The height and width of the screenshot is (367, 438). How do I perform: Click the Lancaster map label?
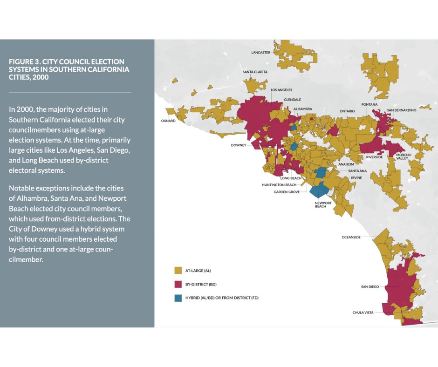(260, 53)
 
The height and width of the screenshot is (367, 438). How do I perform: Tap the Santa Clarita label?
(255, 72)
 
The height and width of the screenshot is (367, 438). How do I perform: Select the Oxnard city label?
(168, 121)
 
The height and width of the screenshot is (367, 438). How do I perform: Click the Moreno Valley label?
(402, 156)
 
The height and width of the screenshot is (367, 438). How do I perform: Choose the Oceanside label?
(351, 237)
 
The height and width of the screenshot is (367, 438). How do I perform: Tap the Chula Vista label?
(364, 313)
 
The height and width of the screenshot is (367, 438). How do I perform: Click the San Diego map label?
(370, 287)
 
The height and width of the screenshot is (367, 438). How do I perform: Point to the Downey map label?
(238, 145)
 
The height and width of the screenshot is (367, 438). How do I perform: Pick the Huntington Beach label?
(279, 185)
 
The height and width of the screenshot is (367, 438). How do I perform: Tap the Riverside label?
(374, 157)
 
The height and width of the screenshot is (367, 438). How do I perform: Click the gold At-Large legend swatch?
(178, 270)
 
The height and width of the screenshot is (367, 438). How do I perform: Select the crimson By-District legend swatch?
(178, 284)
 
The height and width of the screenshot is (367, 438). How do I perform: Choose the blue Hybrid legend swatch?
(178, 298)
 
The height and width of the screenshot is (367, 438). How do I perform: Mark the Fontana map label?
(369, 104)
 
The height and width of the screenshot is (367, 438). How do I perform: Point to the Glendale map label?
(293, 100)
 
